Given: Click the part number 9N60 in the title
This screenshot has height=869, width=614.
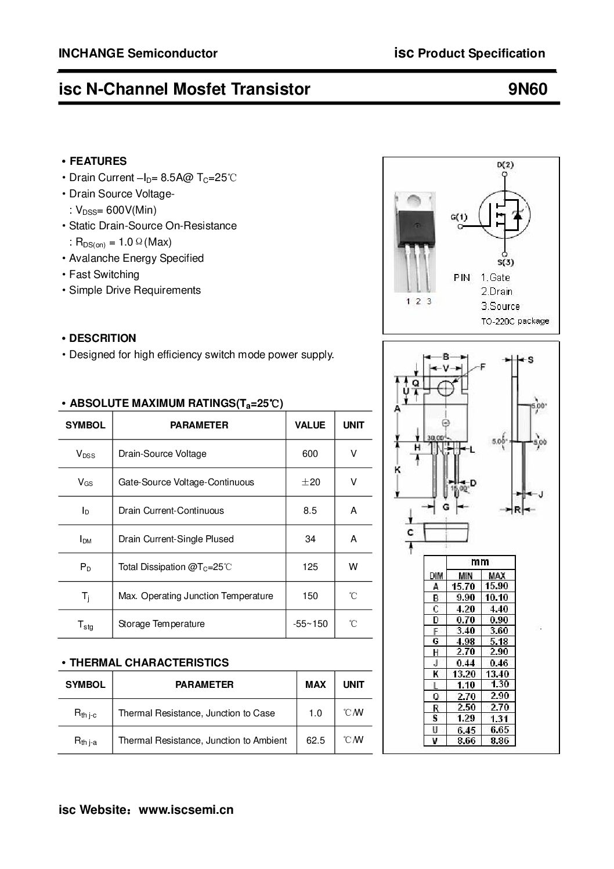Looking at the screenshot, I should pos(528,89).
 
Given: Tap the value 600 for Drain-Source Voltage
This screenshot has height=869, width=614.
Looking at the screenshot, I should pos(310,453).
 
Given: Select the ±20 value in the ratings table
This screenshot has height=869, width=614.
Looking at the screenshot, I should pos(310,482).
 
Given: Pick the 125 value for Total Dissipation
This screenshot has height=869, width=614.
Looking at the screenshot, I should pos(310,567).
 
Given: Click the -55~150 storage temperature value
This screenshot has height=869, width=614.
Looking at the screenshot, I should pos(310,624).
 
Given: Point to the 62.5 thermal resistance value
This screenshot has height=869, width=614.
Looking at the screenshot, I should pos(315,740).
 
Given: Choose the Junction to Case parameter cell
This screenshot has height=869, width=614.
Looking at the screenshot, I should pos(197,713).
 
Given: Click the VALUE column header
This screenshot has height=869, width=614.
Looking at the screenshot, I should pos(310,425).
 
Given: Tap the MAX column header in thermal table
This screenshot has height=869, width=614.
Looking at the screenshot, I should pos(315,684).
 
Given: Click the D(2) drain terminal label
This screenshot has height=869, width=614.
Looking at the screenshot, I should pos(505,164).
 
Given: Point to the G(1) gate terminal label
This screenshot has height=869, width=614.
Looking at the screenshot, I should pos(458,217).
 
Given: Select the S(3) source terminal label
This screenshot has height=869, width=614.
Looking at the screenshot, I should pos(505,262).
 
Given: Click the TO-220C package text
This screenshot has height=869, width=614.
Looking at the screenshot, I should pos(515,321).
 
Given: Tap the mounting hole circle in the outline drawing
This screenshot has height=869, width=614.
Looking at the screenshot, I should pos(445,388).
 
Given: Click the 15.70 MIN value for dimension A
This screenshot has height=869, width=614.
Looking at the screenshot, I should pos(463,586).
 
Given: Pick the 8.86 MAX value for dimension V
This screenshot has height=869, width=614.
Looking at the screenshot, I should pos(497,741).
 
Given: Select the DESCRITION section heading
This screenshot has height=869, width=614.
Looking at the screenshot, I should pos(102,338).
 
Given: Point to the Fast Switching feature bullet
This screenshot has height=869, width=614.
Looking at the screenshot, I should pos(104,274).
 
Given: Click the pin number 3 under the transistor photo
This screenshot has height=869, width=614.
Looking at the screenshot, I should pos(429,301).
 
